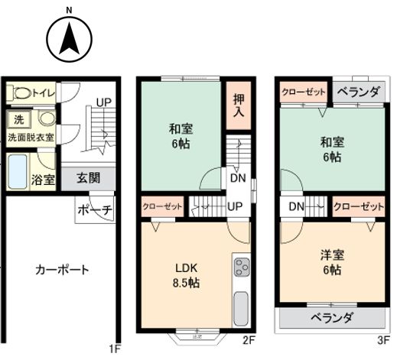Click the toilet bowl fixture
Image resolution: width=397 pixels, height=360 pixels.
click(x=21, y=93)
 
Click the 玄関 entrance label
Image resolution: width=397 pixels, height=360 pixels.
click(x=88, y=179)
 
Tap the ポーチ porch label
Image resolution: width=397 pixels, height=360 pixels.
click(x=96, y=209)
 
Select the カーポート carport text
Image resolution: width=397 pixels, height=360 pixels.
click(x=62, y=270)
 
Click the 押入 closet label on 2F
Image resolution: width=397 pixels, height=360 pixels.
click(x=239, y=105)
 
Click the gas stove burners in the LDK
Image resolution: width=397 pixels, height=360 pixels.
click(x=241, y=268)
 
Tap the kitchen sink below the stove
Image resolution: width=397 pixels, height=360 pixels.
click(x=241, y=307)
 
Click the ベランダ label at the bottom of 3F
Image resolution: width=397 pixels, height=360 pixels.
click(x=332, y=317)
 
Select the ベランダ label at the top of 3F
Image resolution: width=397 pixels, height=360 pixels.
click(x=356, y=92)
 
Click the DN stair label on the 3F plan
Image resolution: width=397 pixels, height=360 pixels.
click(x=297, y=206)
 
